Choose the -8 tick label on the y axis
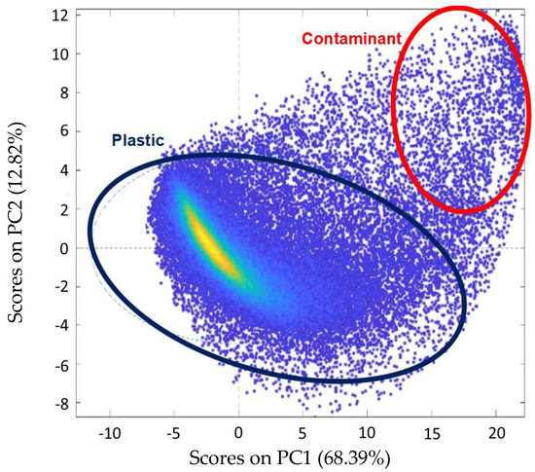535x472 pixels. point(57,404)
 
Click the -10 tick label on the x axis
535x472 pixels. point(110,432)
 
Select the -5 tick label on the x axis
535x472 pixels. point(175,432)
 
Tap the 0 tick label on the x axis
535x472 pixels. point(239,432)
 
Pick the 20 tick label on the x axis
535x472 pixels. point(497,432)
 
